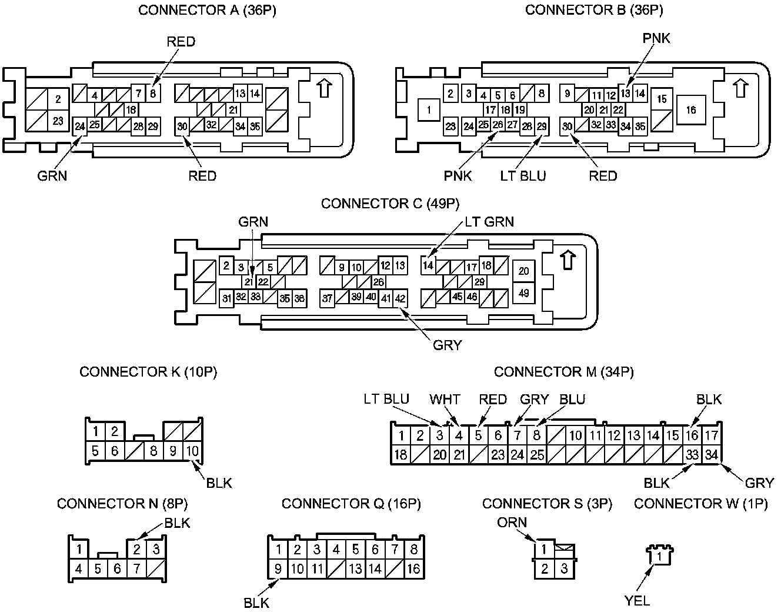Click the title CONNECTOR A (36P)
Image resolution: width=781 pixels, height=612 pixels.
click(x=207, y=11)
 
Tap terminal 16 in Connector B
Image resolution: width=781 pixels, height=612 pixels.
click(x=691, y=109)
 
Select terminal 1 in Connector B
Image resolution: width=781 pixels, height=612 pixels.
click(x=429, y=109)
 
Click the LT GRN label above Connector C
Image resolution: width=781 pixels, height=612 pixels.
click(x=489, y=221)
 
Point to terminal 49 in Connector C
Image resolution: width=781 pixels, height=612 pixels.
click(x=524, y=292)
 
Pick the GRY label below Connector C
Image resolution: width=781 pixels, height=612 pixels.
click(x=447, y=345)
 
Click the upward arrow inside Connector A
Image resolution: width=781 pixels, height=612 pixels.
click(x=324, y=89)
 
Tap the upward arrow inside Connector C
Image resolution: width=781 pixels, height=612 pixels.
click(x=568, y=260)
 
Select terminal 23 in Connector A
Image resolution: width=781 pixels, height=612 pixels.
click(x=58, y=121)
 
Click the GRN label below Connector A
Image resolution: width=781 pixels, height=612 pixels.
click(x=52, y=175)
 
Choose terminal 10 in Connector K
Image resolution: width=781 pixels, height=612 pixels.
click(x=192, y=451)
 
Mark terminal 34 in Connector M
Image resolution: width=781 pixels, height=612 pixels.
click(x=712, y=455)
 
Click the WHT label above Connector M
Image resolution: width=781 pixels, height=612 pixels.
click(x=445, y=399)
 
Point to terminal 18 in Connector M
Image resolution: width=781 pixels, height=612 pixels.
click(x=400, y=455)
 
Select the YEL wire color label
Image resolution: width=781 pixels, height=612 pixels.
click(x=637, y=600)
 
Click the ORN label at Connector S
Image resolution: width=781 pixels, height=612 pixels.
click(x=512, y=522)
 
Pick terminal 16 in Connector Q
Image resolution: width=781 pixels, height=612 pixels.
click(x=413, y=569)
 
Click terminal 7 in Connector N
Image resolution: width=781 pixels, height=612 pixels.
click(x=136, y=569)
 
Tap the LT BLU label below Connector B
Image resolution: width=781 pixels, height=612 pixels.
click(x=523, y=175)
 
